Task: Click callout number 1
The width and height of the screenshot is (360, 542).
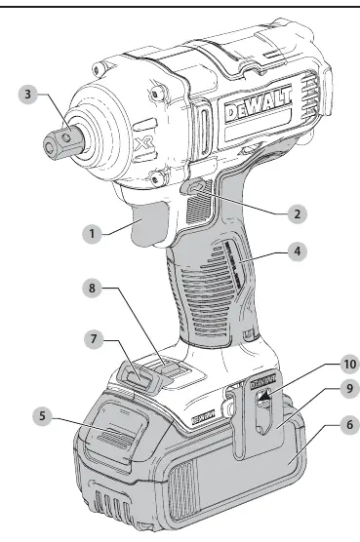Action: (x=92, y=234)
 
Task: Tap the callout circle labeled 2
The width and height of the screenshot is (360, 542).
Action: (x=297, y=213)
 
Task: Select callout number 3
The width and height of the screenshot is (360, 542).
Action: (x=27, y=94)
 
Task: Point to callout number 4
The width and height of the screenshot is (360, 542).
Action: (x=298, y=252)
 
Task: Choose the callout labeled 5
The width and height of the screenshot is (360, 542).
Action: (x=42, y=416)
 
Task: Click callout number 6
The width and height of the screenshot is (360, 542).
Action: (x=350, y=424)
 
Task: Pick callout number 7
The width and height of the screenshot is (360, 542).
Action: (x=94, y=339)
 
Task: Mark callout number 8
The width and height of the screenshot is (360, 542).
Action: (x=92, y=288)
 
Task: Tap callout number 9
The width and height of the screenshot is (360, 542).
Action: (x=350, y=389)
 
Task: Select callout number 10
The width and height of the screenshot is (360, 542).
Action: (x=350, y=364)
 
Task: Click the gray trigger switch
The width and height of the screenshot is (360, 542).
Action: (x=149, y=223)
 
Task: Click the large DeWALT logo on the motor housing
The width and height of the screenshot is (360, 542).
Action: (x=258, y=104)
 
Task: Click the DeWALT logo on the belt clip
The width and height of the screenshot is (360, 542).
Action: (x=262, y=382)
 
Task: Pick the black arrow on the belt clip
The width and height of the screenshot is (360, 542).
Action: (x=264, y=394)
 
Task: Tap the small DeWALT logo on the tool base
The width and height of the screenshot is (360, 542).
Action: (x=203, y=417)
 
